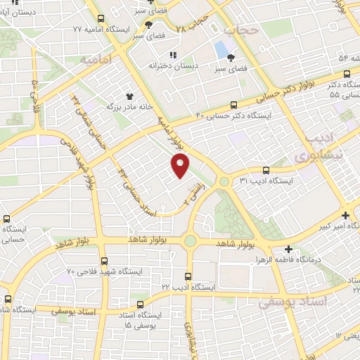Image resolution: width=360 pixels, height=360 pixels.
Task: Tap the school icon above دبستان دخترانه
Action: (172, 55)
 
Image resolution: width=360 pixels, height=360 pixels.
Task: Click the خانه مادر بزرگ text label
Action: (110, 107)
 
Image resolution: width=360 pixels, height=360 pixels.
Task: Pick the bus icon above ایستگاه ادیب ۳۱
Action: (266, 170)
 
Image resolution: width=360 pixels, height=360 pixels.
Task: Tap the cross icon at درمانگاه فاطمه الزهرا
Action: (288, 249)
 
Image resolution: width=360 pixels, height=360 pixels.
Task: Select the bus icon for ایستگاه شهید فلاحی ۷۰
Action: (103, 259)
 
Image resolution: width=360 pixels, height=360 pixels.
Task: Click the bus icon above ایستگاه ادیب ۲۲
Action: (187, 277)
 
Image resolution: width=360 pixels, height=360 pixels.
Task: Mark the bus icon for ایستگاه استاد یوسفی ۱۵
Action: (141, 305)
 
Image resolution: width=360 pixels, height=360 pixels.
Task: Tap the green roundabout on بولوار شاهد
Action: (190, 241)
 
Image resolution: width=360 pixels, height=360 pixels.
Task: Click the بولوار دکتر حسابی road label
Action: (253, 91)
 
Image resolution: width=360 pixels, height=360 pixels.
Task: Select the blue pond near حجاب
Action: (222, 50)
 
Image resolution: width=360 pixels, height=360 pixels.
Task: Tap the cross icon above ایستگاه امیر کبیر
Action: (345, 215)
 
